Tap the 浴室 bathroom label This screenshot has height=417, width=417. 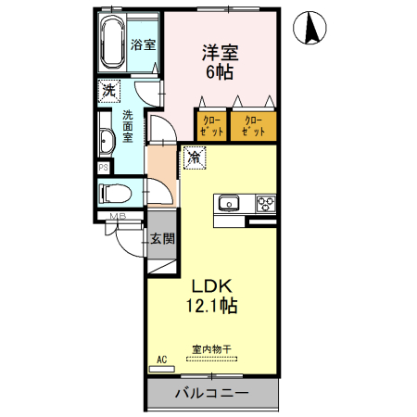click(x=142, y=44)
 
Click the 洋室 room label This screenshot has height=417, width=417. click(x=221, y=53)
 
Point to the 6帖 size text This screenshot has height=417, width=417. click(x=220, y=73)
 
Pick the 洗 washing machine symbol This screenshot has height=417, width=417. click(x=109, y=91)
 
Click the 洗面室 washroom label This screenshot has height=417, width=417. click(x=128, y=126)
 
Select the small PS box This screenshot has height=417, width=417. click(x=104, y=167)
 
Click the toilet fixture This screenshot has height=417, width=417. click(x=114, y=194)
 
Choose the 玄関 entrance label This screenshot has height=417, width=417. click(x=162, y=238)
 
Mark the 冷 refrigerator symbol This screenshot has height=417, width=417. click(x=195, y=158)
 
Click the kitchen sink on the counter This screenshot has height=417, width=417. click(x=229, y=204)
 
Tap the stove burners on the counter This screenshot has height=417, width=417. click(x=266, y=204)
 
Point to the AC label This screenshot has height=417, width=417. click(x=161, y=359)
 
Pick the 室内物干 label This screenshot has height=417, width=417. click(x=211, y=349)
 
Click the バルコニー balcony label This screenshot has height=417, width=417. click(x=211, y=394)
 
